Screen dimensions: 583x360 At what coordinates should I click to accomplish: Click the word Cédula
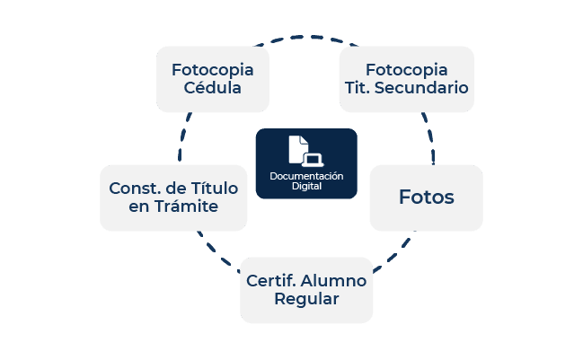click(212, 88)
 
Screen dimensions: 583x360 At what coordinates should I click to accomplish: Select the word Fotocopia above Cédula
click(212, 70)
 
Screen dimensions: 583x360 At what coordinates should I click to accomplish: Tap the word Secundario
click(421, 88)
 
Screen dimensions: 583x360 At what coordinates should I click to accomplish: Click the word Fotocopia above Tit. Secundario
click(406, 70)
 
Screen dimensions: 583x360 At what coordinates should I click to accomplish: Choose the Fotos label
click(427, 197)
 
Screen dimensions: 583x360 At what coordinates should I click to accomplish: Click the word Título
click(215, 188)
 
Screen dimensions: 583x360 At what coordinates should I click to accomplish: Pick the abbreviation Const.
click(135, 189)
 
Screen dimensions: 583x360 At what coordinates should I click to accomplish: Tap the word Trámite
click(186, 206)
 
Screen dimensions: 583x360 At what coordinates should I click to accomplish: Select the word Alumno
click(339, 280)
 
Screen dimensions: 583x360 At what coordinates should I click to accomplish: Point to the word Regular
click(306, 299)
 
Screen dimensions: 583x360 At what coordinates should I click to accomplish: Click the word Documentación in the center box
click(306, 176)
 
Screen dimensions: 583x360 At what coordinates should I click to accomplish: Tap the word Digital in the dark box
click(306, 186)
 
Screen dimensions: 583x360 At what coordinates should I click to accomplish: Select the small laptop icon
click(313, 160)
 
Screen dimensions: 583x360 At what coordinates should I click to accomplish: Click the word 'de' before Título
click(176, 189)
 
